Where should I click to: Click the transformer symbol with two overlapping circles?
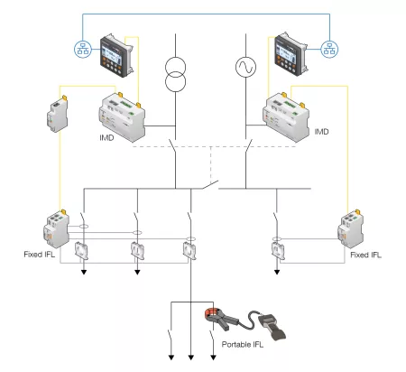pyautogui.click(x=176, y=75)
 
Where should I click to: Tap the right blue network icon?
pyautogui.click(x=329, y=48)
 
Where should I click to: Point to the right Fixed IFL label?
pyautogui.click(x=366, y=255)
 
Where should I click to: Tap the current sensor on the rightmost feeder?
pyautogui.click(x=276, y=249)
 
